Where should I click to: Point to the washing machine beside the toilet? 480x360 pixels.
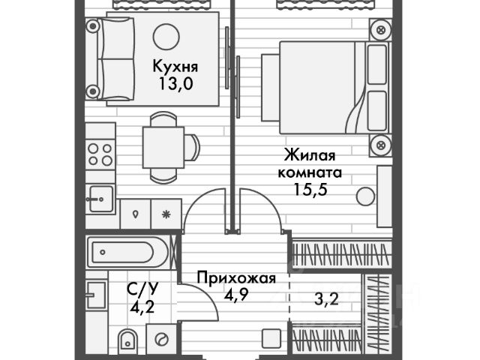tap(161, 340)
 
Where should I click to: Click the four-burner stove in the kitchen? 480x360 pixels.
tap(100, 154)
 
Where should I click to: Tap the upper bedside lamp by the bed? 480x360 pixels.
tap(381, 31)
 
